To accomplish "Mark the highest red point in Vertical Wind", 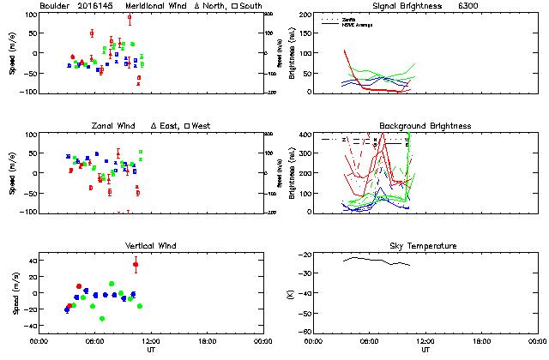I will (x=136, y=264).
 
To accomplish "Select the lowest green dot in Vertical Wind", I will (x=102, y=319).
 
